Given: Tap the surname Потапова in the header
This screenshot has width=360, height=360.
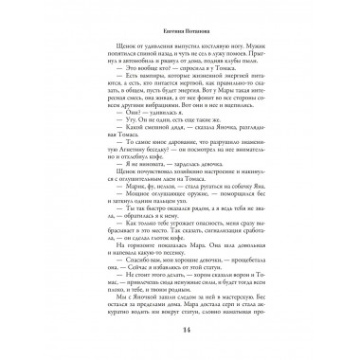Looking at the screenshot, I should [x=193, y=29].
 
